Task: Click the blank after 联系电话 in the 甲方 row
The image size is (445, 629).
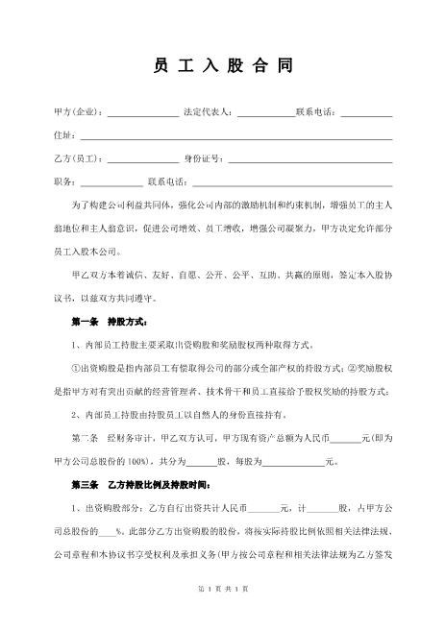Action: coord(366,114)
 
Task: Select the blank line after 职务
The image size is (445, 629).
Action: coord(111,182)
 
